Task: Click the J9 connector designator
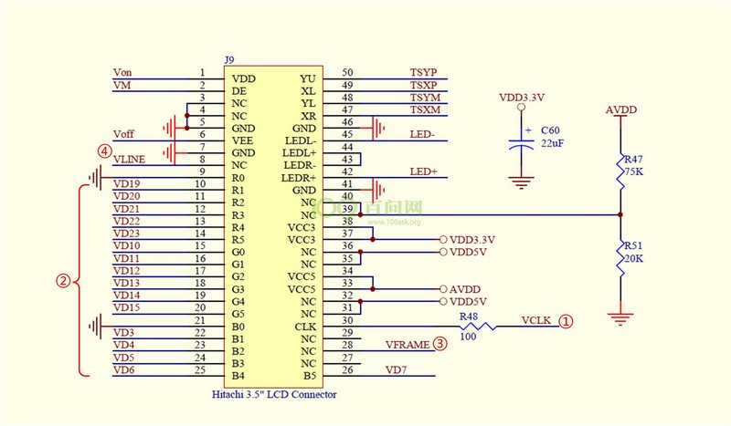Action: [x=229, y=61]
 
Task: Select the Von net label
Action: [x=122, y=72]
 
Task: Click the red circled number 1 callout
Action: [x=567, y=321]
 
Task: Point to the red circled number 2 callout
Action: [x=63, y=281]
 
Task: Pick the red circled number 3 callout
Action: [x=440, y=344]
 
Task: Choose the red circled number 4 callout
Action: [x=106, y=151]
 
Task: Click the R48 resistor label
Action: [x=469, y=316]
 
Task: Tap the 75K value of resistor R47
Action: [x=634, y=170]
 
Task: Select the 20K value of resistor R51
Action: [x=634, y=258]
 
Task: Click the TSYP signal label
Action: [x=424, y=72]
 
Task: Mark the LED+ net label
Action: [x=423, y=171]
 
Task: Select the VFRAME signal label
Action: [x=407, y=345]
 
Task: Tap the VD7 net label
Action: [x=397, y=369]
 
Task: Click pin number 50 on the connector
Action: [x=347, y=72]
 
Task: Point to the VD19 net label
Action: [x=126, y=183]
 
